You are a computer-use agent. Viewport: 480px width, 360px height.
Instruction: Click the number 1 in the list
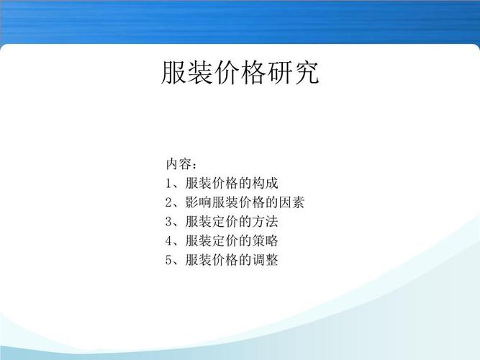point(168,182)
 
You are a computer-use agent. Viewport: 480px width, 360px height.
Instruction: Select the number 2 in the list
point(168,202)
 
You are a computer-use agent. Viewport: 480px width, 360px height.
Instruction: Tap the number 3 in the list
point(168,221)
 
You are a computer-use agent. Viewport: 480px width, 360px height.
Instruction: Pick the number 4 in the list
point(168,240)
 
